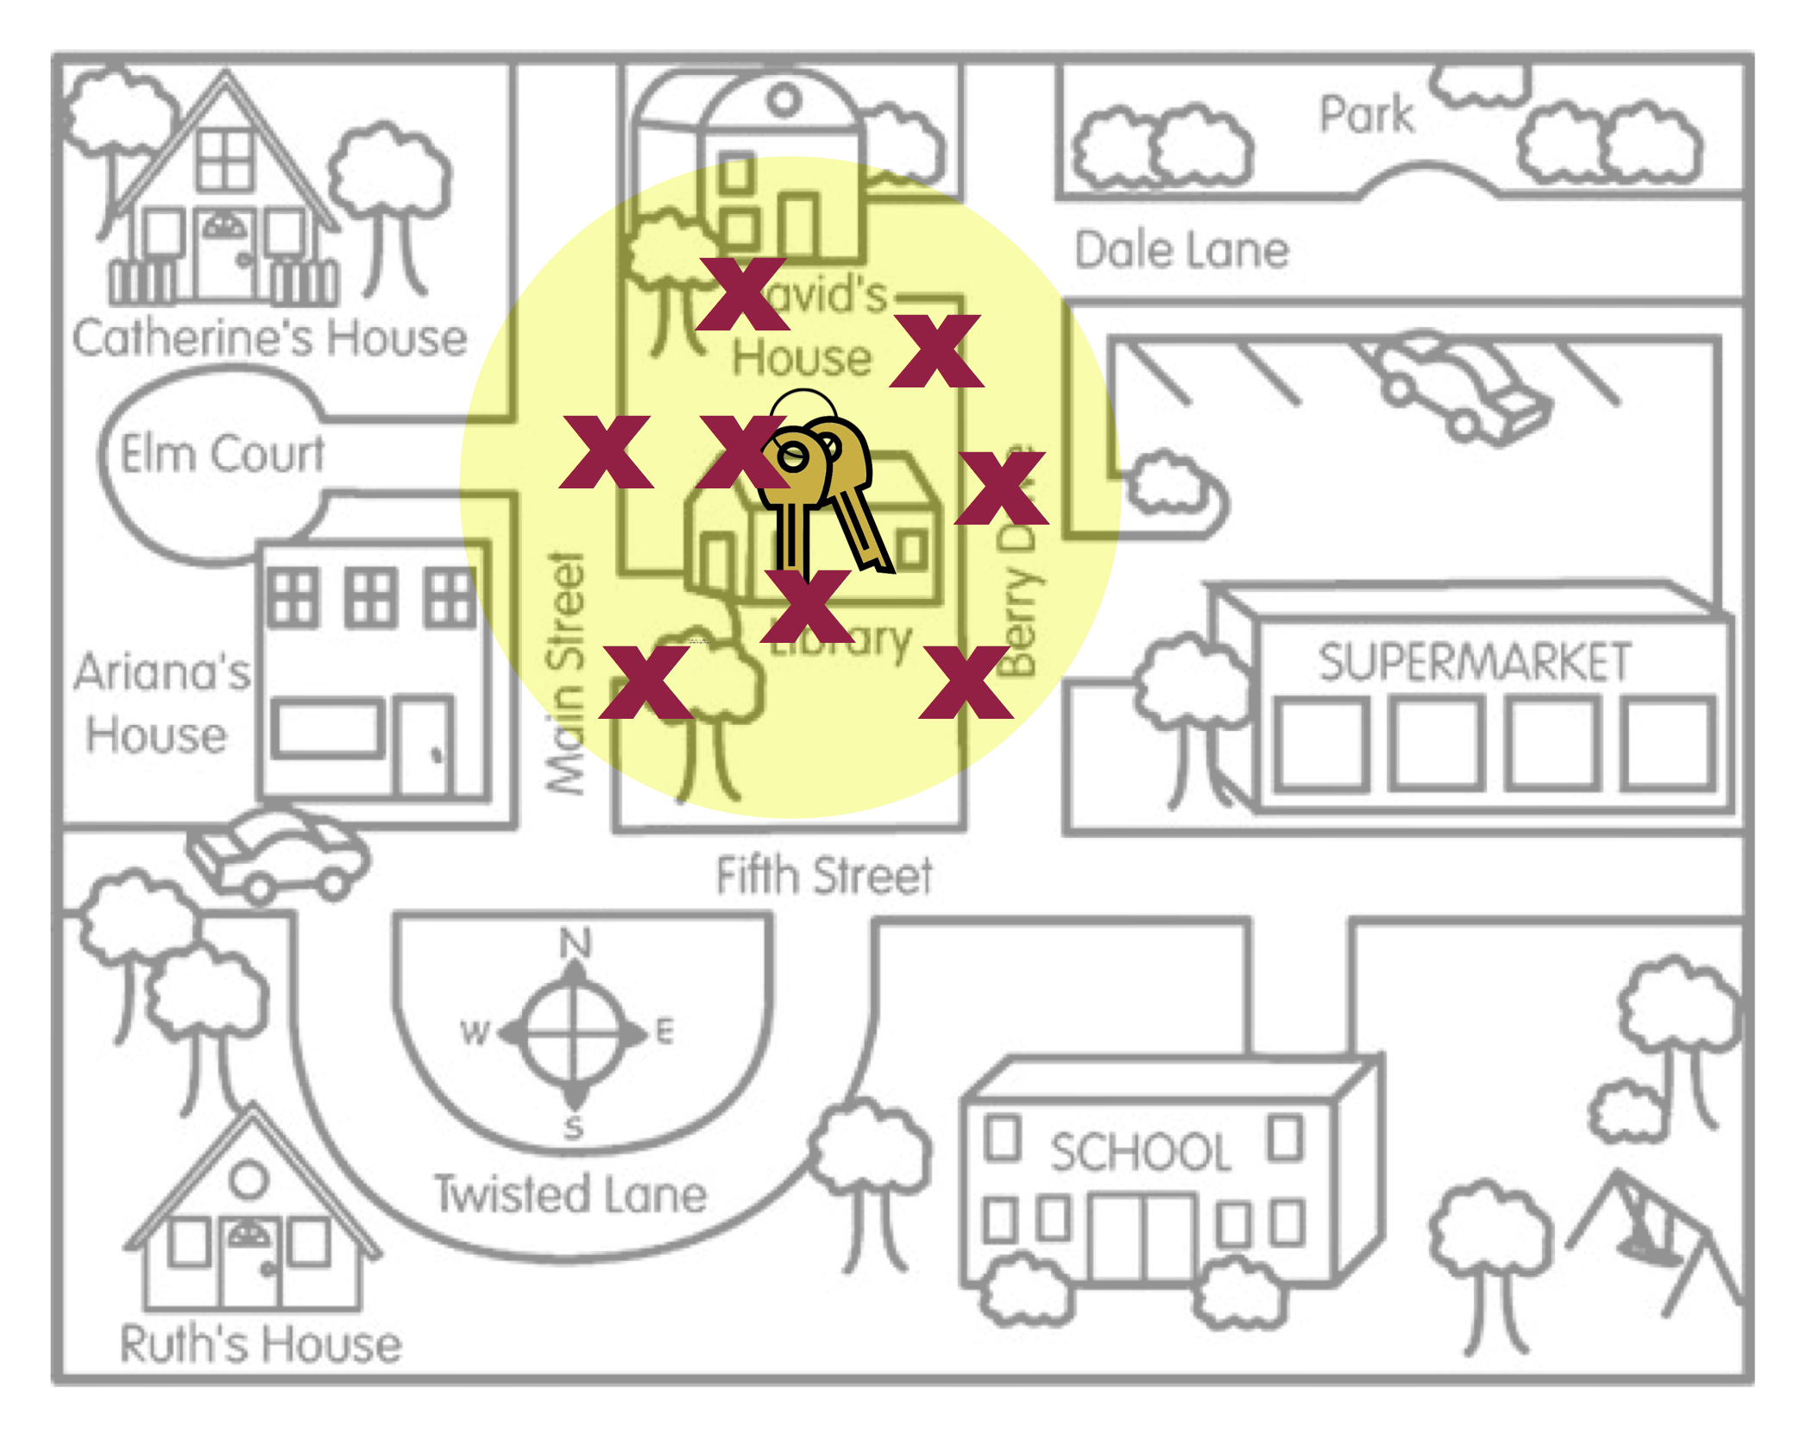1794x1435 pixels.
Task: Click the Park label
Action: point(1365,115)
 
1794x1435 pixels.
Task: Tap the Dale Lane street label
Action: point(1180,250)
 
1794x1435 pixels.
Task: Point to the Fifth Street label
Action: point(824,875)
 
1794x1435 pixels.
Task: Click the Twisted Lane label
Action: point(570,1194)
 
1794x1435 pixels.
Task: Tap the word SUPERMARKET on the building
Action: point(1473,663)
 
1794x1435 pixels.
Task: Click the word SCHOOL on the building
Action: point(1139,1152)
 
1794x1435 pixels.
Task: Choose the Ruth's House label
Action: point(261,1344)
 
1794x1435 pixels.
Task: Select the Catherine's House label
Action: point(269,337)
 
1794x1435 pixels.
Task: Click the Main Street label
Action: point(566,673)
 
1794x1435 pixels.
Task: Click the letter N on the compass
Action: point(576,942)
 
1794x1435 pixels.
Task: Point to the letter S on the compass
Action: point(574,1127)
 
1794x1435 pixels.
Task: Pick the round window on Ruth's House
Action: point(249,1180)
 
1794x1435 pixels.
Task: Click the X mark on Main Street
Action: point(606,452)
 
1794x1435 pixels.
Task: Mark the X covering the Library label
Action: point(807,607)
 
